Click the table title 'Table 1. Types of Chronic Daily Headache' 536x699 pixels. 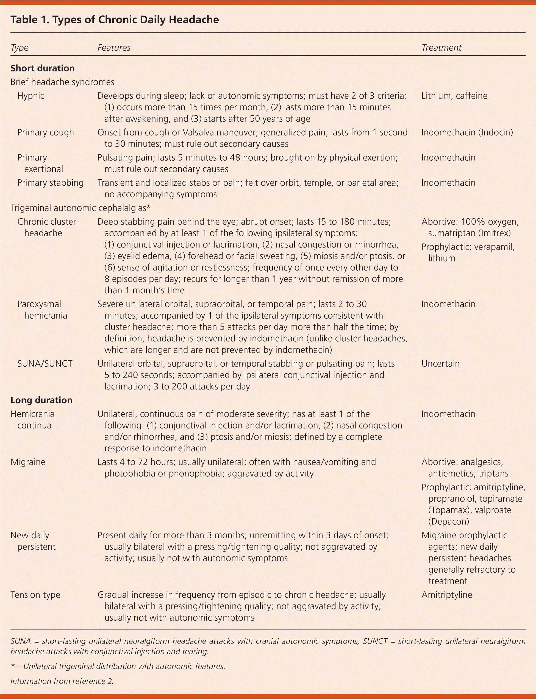click(115, 20)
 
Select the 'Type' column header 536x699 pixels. click(20, 48)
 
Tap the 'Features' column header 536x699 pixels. click(114, 48)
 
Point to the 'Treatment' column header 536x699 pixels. click(441, 48)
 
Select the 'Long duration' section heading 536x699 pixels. click(41, 400)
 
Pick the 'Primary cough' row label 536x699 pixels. click(46, 132)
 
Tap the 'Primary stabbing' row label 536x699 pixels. click(50, 183)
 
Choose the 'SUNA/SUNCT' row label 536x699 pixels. click(45, 364)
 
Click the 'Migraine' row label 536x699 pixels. click(28, 462)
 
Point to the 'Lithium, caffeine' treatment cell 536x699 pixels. click(454, 96)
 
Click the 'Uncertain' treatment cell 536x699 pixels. click(440, 364)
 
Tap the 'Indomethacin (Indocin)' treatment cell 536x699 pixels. click(467, 132)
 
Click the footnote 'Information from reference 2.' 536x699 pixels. click(62, 681)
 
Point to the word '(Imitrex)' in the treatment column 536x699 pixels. click(494, 233)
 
